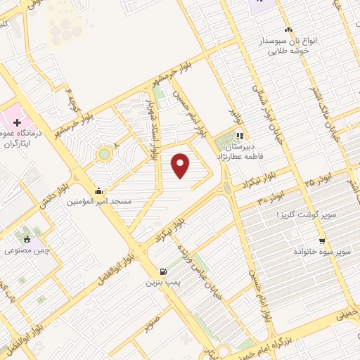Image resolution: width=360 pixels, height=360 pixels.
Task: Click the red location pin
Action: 181,165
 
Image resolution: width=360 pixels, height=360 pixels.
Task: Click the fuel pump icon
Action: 163,271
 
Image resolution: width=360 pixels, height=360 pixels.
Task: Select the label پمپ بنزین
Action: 159,283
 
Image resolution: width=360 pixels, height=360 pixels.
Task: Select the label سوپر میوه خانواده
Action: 323,250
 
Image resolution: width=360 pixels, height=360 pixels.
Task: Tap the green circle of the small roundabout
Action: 104,153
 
